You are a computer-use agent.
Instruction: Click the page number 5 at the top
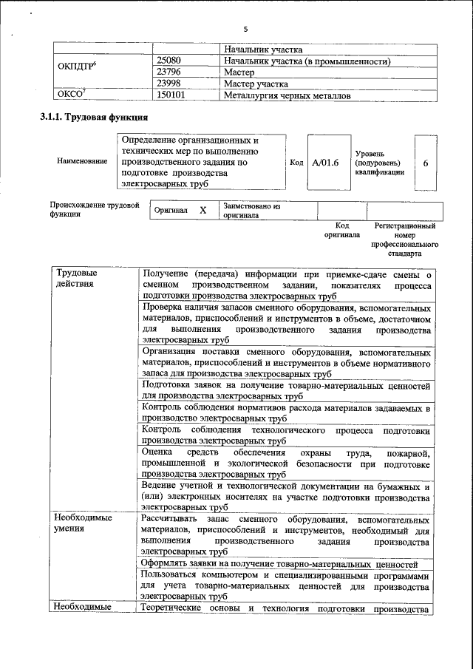tap(245, 28)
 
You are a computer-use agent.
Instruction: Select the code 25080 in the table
tap(170, 61)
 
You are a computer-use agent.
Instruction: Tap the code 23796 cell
tap(170, 72)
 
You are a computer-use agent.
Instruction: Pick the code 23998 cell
tap(170, 84)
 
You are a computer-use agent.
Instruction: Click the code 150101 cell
tap(171, 95)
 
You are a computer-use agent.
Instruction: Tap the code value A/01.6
tap(324, 163)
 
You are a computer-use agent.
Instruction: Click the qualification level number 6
tap(426, 163)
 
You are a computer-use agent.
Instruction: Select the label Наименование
tap(82, 161)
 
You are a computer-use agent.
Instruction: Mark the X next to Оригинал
tap(203, 210)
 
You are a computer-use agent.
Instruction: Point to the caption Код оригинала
tap(341, 230)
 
